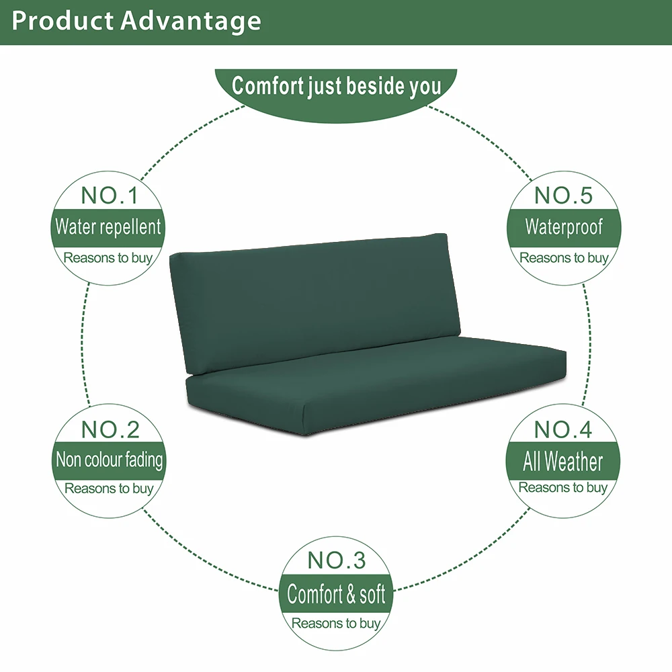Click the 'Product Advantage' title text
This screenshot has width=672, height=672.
(136, 21)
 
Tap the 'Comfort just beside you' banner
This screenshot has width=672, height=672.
(336, 87)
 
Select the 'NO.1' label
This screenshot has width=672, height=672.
(109, 196)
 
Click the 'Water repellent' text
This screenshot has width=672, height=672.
(108, 226)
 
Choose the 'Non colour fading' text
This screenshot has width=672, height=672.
(110, 460)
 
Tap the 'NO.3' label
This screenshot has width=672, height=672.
(336, 560)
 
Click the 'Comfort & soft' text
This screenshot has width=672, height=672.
(336, 594)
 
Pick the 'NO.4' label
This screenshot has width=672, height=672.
(563, 429)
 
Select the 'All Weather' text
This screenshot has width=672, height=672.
(563, 462)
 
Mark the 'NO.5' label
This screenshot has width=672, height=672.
(563, 196)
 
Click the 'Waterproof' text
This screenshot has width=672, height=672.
(564, 226)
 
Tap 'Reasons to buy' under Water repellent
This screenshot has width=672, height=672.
(108, 257)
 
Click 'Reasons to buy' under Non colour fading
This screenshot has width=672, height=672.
(110, 489)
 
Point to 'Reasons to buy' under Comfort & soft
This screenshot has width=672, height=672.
(336, 624)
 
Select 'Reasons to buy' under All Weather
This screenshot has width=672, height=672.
(563, 488)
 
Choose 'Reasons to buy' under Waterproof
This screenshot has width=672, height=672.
(564, 257)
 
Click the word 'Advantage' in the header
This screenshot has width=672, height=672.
(191, 21)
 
